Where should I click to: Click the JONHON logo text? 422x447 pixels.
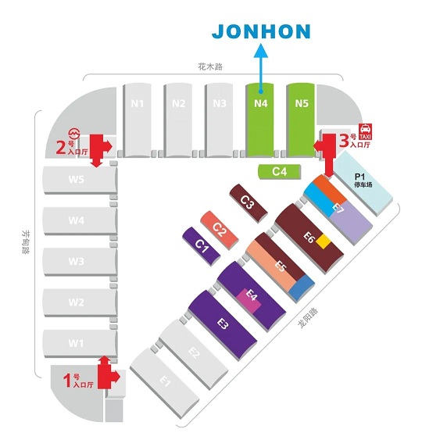261,31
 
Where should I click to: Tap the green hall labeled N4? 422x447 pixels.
260,120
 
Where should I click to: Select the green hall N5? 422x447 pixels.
301,120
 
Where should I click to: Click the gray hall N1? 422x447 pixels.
138,120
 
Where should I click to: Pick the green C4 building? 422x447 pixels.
280,172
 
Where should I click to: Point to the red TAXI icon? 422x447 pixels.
365,131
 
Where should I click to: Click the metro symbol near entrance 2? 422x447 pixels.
74,134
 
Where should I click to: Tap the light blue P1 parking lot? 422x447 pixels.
363,183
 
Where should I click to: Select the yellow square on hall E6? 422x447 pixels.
324,241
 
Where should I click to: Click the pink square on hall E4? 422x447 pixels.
249,301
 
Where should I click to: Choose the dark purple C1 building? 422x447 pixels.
202,246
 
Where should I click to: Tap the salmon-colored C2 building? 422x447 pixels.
220,231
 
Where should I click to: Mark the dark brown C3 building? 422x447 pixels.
249,203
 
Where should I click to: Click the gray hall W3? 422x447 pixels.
80,262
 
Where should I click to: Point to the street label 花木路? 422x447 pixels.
210,66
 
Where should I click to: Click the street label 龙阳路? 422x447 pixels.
308,317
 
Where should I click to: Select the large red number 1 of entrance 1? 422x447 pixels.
67,381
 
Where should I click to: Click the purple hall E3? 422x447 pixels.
223,326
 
